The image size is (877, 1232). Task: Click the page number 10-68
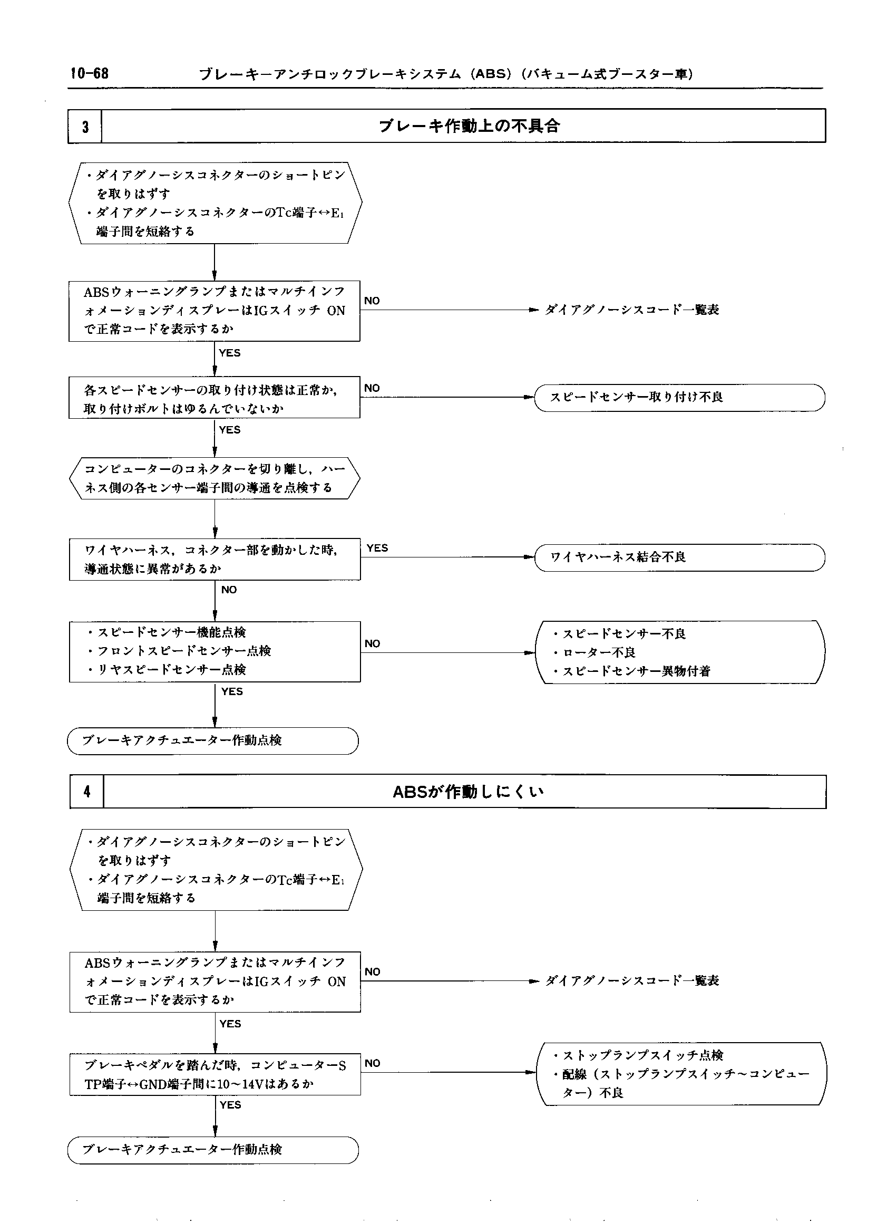89,73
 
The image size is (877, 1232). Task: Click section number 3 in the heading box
85,127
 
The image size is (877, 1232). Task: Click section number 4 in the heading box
87,792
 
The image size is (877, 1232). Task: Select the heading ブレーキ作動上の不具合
469,127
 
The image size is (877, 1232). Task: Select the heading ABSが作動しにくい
467,792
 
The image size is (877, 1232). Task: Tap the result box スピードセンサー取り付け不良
679,398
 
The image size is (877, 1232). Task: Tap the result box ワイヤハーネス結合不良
679,557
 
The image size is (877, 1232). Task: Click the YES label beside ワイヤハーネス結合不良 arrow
377,548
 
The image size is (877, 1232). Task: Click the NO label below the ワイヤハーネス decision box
229,590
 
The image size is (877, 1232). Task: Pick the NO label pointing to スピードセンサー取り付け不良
372,388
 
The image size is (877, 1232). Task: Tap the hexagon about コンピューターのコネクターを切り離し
215,478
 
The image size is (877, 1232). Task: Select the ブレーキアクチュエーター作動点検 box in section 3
213,740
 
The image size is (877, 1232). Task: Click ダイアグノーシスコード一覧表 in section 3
631,310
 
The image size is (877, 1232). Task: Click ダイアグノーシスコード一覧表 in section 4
632,981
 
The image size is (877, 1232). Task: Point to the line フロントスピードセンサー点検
183,651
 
